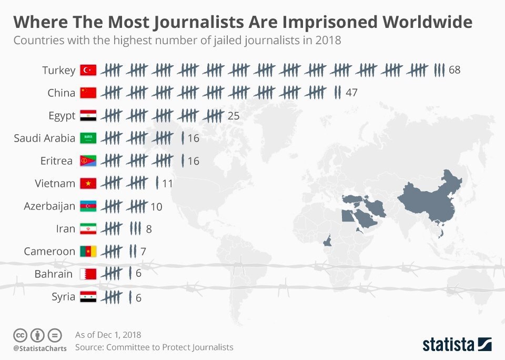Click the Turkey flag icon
coord(88,70)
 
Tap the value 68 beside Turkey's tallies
coord(455,70)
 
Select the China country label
coord(61,93)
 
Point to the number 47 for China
coord(352,93)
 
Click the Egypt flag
coord(88,116)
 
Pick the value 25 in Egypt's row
coord(234,116)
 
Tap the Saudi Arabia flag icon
coord(88,138)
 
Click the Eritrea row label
coord(56,161)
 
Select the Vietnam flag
coord(88,184)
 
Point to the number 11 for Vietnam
coord(167,184)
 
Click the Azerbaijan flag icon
coord(88,206)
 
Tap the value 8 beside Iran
coord(149,229)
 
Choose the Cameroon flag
coord(88,252)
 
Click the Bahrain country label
coord(54,274)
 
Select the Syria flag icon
coord(88,297)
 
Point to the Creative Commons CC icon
coord(20,335)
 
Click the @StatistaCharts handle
coord(40,348)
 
